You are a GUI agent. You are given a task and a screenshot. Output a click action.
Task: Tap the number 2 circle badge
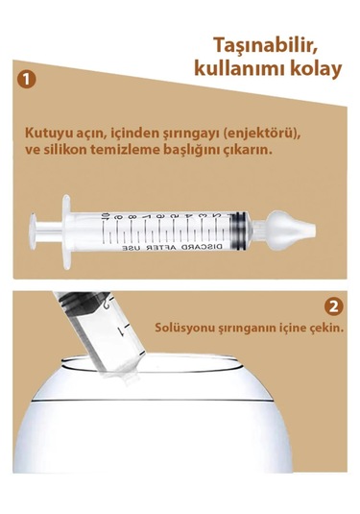pos(333,307)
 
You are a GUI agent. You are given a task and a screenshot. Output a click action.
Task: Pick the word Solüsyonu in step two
pos(184,327)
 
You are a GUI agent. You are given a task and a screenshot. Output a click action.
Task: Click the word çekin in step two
pos(324,327)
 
